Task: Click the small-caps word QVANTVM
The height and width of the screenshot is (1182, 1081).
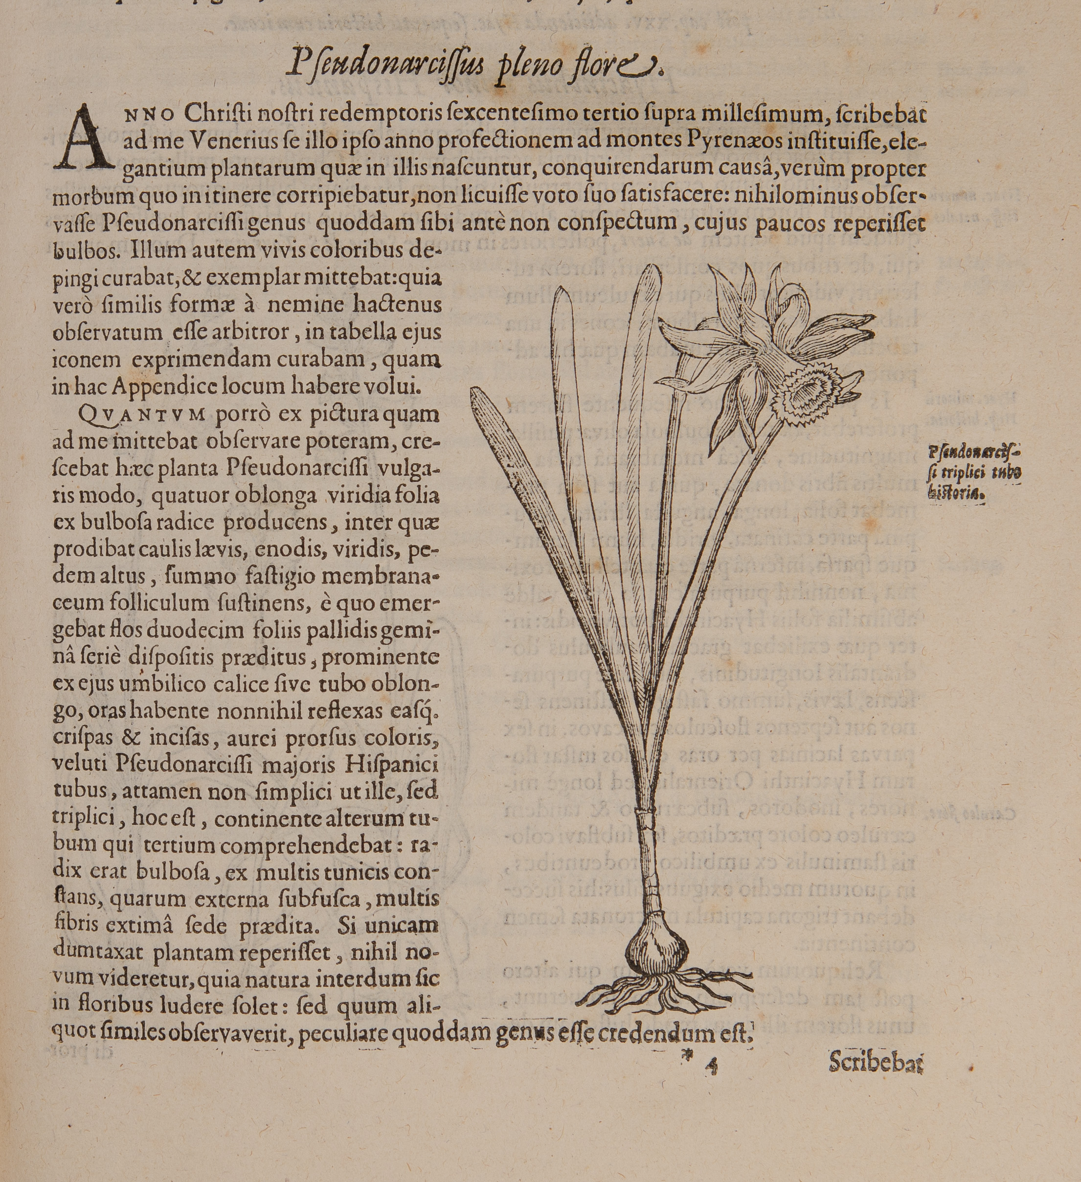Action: pos(141,414)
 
